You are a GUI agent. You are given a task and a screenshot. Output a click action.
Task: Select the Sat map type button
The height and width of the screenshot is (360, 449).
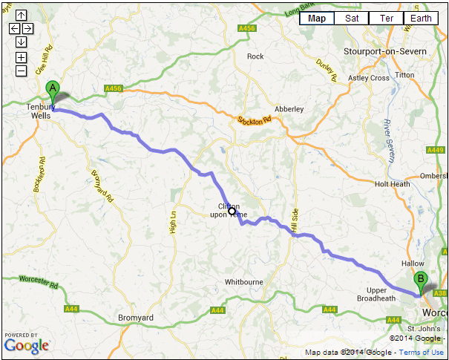click(x=352, y=19)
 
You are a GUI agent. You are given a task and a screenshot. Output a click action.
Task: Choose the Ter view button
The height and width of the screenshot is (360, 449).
click(x=387, y=19)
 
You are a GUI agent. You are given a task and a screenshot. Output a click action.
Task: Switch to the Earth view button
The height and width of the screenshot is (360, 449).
click(x=421, y=19)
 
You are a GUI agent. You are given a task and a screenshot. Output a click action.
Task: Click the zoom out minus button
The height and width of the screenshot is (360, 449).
click(x=21, y=71)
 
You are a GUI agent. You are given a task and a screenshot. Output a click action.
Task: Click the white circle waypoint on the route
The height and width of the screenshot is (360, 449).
click(x=232, y=212)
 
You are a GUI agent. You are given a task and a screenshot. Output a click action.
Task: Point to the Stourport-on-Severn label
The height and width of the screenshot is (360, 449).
click(x=385, y=50)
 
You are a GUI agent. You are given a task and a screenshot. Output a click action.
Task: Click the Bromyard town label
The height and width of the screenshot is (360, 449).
click(x=136, y=318)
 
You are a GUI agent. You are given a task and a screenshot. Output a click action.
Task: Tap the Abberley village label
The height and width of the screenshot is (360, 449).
click(x=289, y=109)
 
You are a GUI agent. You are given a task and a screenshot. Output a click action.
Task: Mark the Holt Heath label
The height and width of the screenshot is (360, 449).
click(x=392, y=184)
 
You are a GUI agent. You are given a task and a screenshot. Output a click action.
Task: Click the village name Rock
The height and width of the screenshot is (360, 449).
click(x=255, y=56)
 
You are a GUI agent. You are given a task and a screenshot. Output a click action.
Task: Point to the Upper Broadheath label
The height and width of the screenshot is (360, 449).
click(x=387, y=294)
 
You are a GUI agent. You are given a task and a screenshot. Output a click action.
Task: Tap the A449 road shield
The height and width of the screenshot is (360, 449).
click(x=436, y=150)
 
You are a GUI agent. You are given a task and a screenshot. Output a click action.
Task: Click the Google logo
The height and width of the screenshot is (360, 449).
click(x=27, y=345)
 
